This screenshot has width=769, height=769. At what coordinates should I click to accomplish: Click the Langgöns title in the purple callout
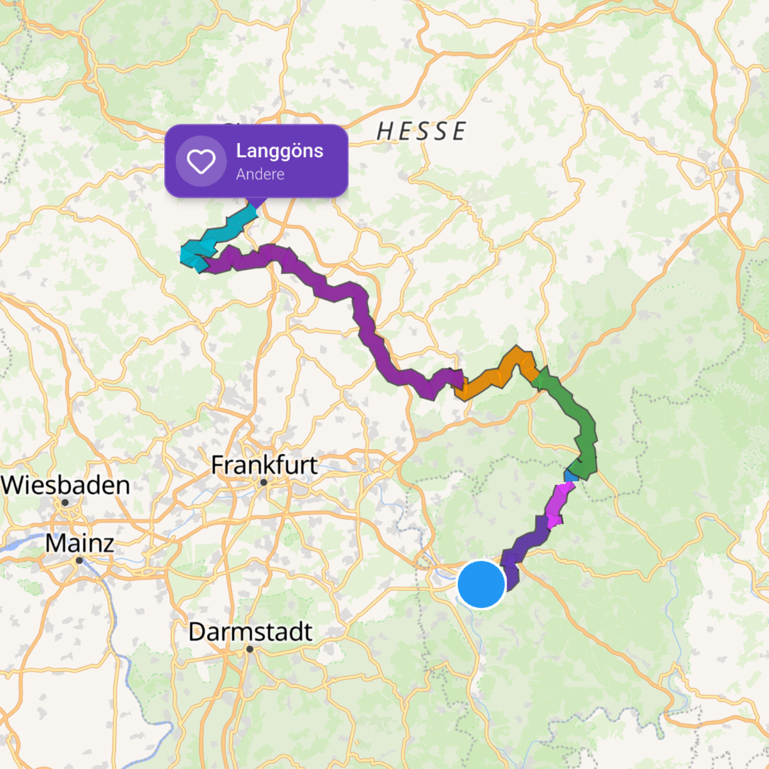click(279, 151)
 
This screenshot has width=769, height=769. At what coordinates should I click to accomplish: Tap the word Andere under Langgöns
click(260, 174)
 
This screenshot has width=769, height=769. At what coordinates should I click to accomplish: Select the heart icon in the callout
click(201, 161)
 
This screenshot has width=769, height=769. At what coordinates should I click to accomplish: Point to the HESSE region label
click(421, 131)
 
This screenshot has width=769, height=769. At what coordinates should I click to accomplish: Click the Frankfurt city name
click(264, 464)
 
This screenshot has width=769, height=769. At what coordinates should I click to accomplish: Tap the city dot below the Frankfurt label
click(263, 482)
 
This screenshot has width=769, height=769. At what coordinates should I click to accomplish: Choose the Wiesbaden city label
click(66, 485)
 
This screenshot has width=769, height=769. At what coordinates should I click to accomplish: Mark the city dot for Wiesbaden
click(65, 502)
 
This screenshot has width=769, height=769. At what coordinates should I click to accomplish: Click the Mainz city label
click(79, 543)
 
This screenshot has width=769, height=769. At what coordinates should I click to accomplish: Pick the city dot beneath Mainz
click(79, 560)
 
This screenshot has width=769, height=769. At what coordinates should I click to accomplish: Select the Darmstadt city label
click(250, 632)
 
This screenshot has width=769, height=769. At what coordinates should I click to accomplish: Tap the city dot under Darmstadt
click(250, 649)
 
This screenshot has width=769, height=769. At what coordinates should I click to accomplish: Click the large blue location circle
click(481, 584)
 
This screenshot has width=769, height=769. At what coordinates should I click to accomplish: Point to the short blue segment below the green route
click(571, 476)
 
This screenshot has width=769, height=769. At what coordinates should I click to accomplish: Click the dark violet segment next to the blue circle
click(524, 547)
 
